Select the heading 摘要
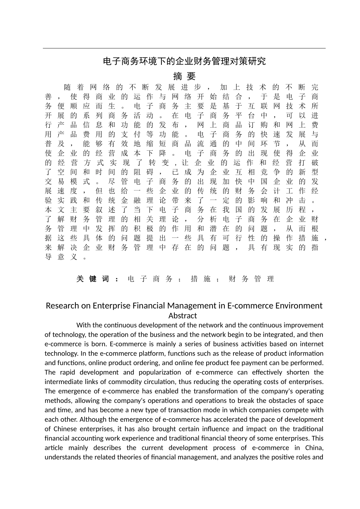(184, 76)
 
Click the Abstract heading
(183, 315)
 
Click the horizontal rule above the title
(184, 48)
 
